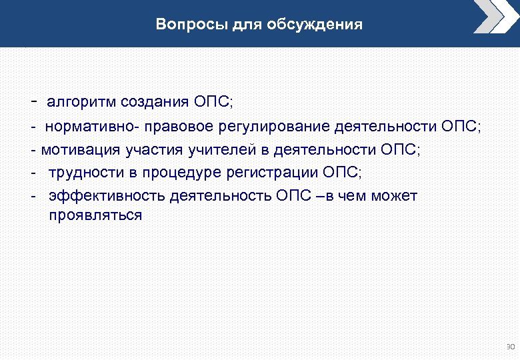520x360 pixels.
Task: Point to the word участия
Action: coord(141,150)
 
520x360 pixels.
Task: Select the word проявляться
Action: coord(95,215)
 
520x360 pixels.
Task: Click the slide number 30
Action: coord(511,347)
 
